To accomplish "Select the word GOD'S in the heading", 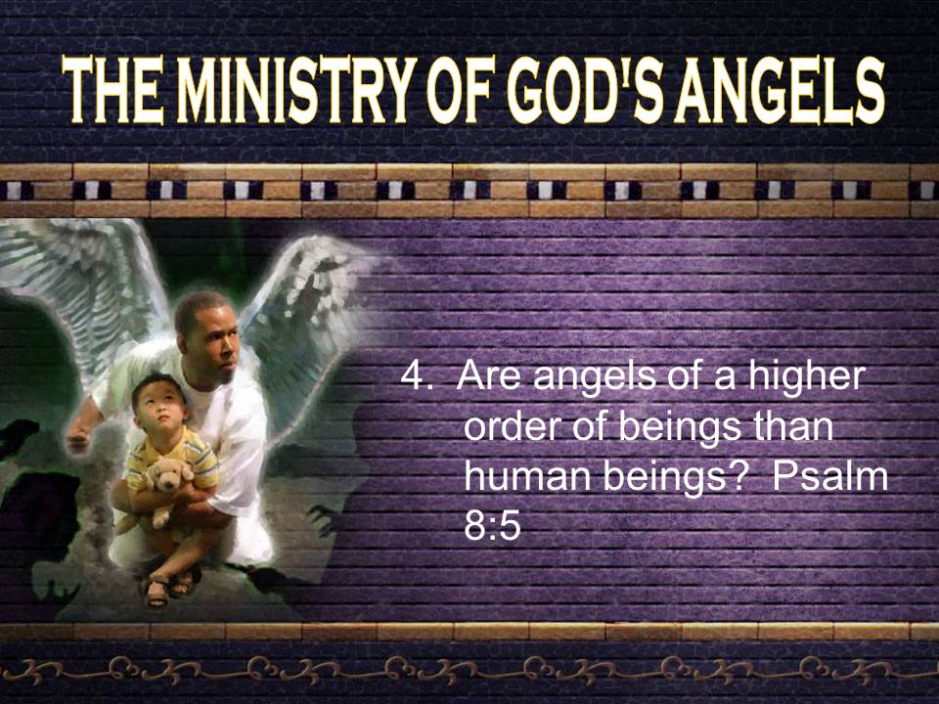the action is coord(586,90).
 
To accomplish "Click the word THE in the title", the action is coord(112,90).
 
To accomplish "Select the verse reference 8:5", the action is coord(492,527).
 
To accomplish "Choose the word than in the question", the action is coord(792,427).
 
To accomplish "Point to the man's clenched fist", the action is coord(78,439).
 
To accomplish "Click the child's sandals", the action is coord(170,587).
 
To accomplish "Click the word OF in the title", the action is coord(464,90).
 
